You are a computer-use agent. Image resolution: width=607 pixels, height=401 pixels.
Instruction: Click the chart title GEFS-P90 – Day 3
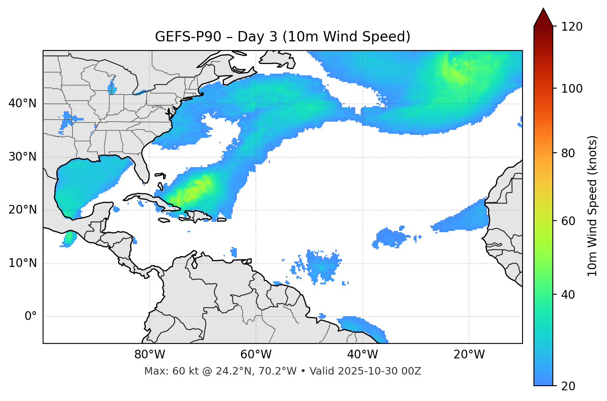click(x=282, y=37)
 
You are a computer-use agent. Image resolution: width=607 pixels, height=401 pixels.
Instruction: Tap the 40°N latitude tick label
click(x=22, y=103)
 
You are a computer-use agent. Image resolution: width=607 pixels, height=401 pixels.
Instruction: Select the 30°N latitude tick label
click(x=22, y=157)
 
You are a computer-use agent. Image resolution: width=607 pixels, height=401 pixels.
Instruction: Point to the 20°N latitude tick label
click(x=22, y=210)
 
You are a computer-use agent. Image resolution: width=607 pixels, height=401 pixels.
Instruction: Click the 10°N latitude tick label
click(x=22, y=263)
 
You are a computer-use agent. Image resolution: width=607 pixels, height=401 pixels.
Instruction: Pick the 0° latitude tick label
click(x=31, y=317)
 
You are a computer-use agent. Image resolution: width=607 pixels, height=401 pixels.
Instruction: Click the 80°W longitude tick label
click(x=149, y=355)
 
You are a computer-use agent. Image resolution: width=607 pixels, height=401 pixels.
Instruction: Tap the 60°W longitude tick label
click(x=256, y=355)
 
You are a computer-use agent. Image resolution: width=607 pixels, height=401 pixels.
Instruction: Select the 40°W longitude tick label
click(x=362, y=355)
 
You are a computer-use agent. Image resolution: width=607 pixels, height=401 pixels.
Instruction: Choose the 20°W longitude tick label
click(x=469, y=355)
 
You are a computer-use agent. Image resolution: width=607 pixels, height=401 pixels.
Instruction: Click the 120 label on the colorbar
click(x=572, y=26)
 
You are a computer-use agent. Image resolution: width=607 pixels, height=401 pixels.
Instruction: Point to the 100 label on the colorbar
click(x=572, y=89)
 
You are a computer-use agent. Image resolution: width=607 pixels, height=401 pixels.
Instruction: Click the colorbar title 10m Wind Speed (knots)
click(x=593, y=206)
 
